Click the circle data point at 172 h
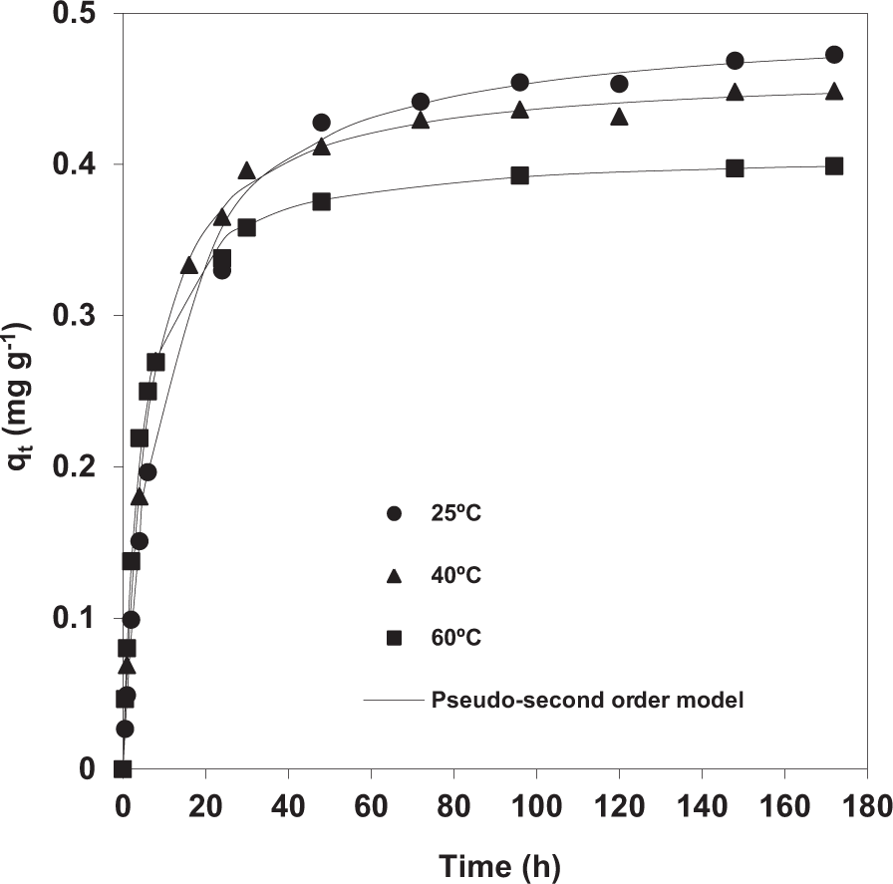(834, 54)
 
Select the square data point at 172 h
(834, 165)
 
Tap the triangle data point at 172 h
(834, 92)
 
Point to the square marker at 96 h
(519, 174)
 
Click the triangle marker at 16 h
(188, 265)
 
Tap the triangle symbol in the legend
(394, 576)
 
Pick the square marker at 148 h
(735, 167)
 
